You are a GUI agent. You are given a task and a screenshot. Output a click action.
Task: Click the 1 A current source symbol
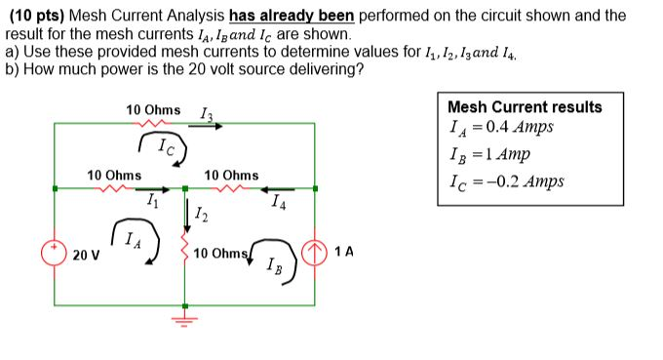(x=314, y=252)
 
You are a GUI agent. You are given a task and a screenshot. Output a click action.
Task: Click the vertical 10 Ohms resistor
(x=185, y=253)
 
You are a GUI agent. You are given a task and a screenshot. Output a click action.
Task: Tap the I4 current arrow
(x=280, y=189)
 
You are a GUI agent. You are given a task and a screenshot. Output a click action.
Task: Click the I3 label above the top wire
(x=206, y=115)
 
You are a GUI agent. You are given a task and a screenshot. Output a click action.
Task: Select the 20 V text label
(x=86, y=255)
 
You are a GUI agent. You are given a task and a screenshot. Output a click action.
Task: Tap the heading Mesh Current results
(x=525, y=107)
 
